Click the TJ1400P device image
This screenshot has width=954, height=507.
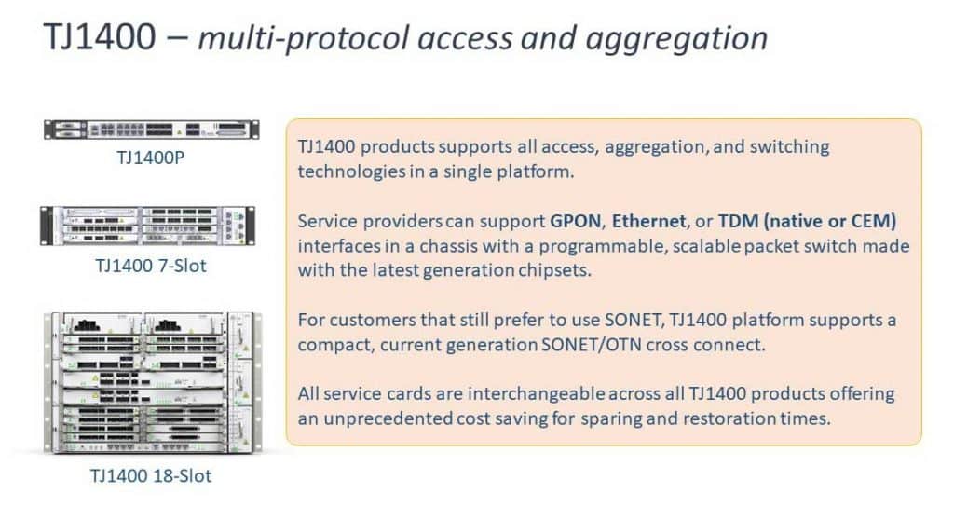click(150, 130)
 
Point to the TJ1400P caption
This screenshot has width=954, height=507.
click(150, 158)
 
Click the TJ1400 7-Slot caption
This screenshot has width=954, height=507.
click(150, 266)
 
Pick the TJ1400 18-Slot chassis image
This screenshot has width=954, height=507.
click(150, 382)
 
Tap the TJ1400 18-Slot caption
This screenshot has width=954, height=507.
click(150, 475)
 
